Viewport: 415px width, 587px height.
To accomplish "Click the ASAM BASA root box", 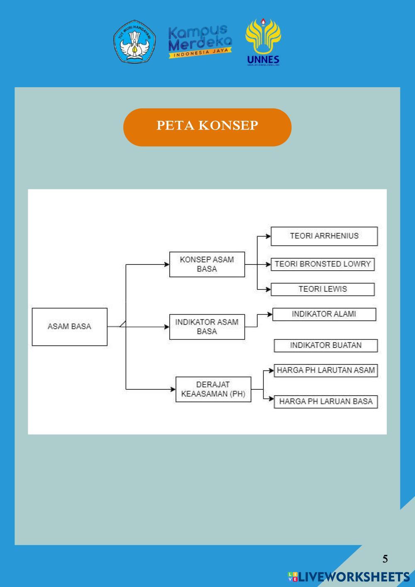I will click(x=69, y=327).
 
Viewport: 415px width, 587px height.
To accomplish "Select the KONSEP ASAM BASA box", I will click(x=207, y=264).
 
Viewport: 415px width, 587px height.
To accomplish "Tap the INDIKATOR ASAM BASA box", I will click(x=207, y=327).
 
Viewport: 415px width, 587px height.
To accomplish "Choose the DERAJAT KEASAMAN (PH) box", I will click(x=213, y=389).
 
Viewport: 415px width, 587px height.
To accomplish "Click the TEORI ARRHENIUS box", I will click(x=324, y=236).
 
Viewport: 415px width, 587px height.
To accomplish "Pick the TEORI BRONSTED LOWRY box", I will click(x=322, y=264).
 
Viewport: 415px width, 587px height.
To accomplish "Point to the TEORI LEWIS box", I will click(x=322, y=289).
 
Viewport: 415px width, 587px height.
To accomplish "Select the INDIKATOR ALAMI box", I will click(x=324, y=314).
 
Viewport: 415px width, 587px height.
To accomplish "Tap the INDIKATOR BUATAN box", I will click(x=326, y=345).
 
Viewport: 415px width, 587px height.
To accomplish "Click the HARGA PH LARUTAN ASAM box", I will click(x=326, y=370).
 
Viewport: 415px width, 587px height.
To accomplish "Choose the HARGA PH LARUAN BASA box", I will click(x=326, y=402).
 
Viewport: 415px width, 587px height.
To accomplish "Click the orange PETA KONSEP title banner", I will click(x=207, y=127).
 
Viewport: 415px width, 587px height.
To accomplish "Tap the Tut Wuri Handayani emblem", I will click(x=134, y=42).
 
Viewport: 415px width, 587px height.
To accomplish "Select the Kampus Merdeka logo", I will click(x=200, y=42).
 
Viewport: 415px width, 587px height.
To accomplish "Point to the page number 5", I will click(x=385, y=559).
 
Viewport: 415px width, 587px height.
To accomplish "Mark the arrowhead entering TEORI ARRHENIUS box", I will click(x=268, y=236).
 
